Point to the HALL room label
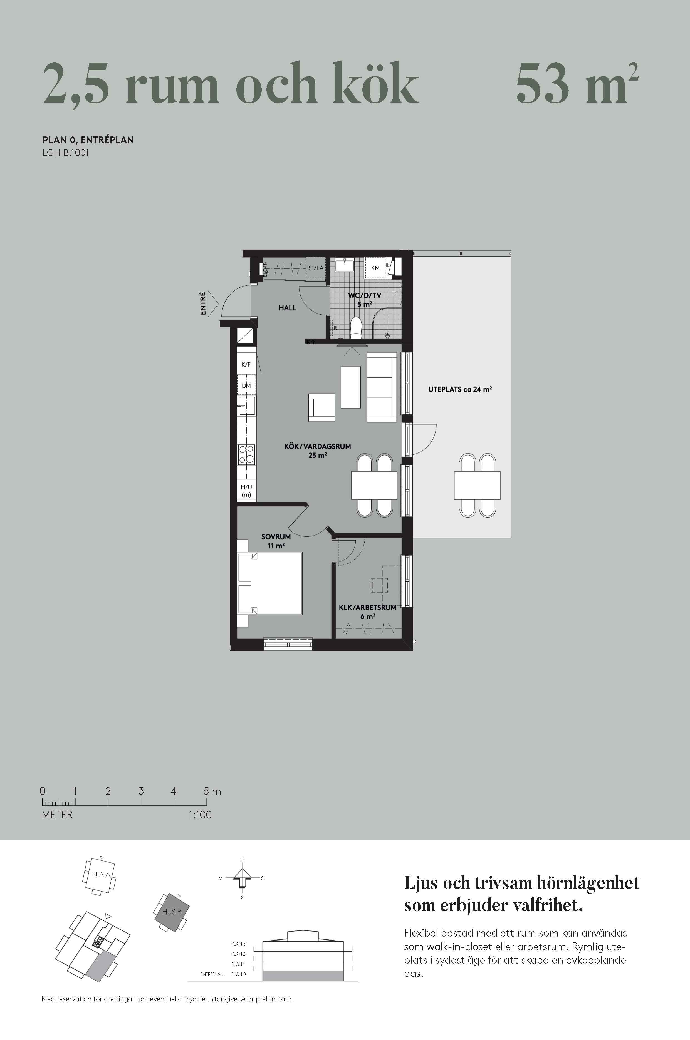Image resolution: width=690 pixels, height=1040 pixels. coord(287,308)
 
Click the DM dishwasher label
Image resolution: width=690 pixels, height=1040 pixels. coord(246,386)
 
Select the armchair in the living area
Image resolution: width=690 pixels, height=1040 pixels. coord(322,408)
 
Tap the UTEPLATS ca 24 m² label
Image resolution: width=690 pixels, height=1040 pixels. coord(460,389)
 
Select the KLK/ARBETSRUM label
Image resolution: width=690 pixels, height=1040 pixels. coord(367,607)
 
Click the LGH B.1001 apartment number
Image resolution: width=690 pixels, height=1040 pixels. coord(66,153)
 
